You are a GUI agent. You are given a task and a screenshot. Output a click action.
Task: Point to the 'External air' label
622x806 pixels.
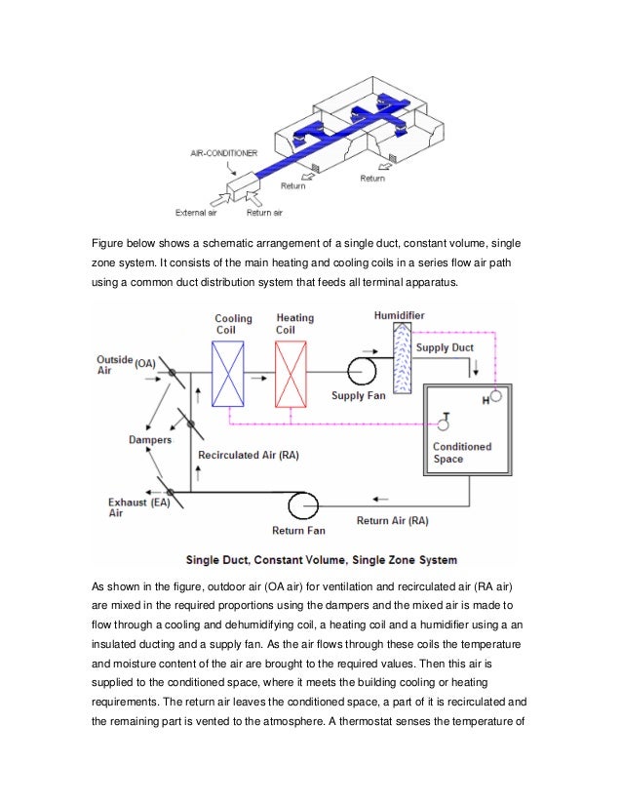tap(195, 212)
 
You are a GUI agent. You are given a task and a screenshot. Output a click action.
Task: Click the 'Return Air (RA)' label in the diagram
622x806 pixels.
tap(392, 521)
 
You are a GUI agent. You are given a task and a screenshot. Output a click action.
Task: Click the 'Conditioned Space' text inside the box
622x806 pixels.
tap(462, 453)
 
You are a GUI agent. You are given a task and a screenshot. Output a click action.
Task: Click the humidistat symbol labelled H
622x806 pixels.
tap(496, 396)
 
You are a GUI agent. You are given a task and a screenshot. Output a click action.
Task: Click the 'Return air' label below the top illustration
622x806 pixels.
tap(265, 212)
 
